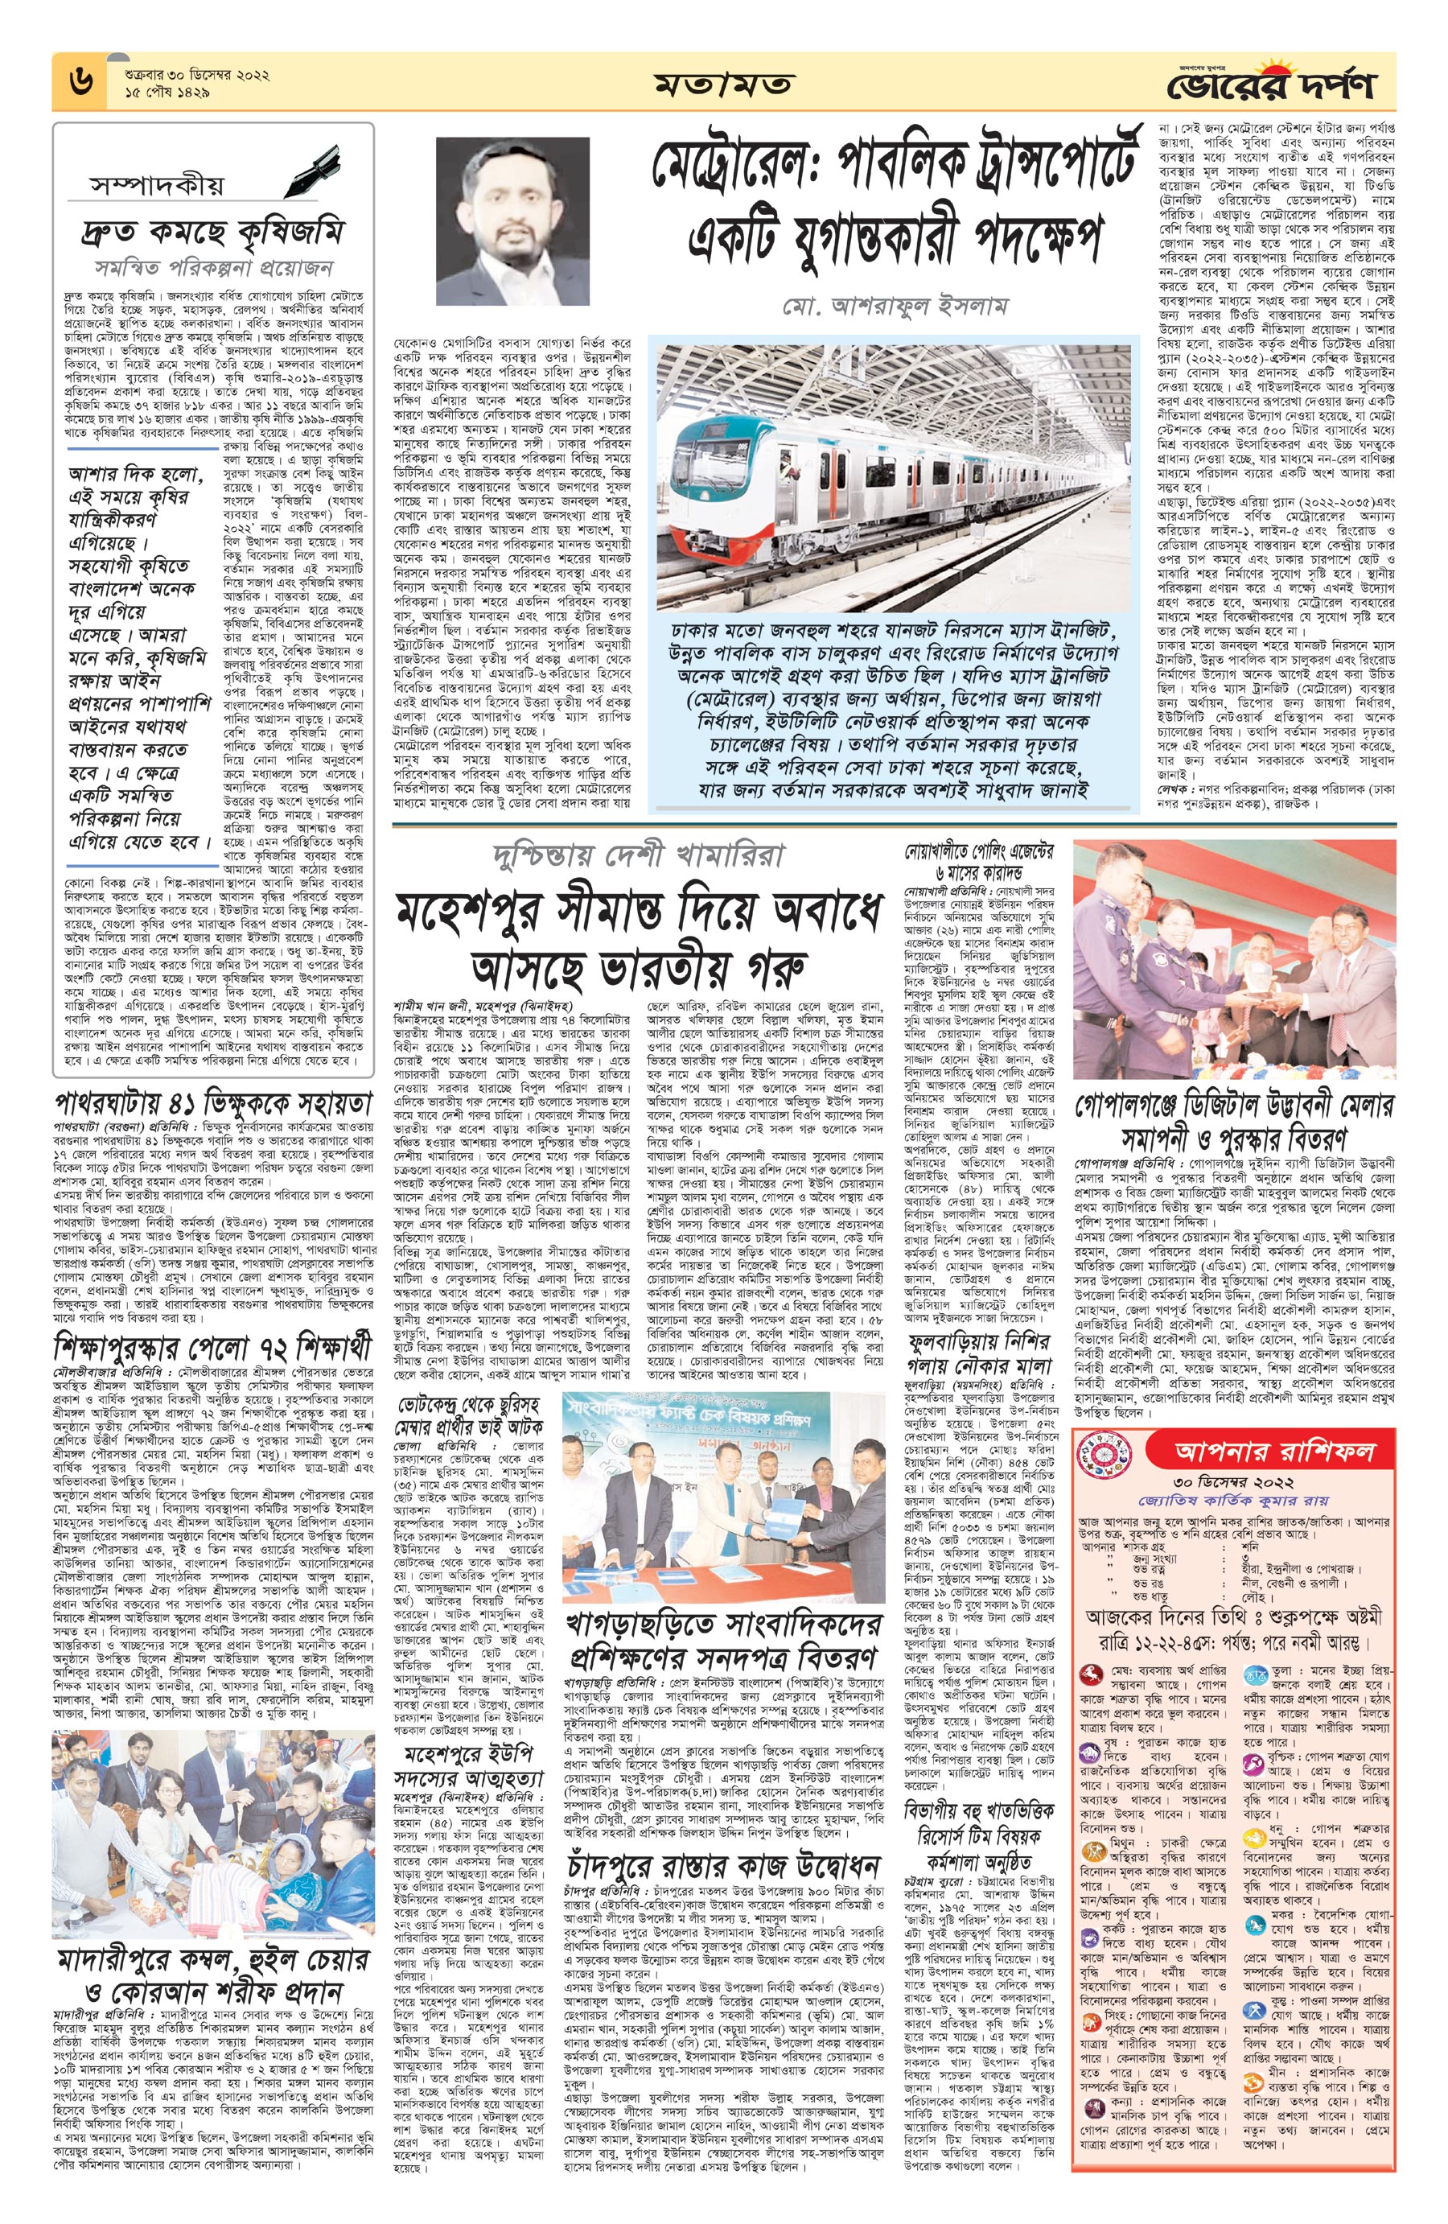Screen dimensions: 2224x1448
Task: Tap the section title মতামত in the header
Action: pos(724,85)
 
